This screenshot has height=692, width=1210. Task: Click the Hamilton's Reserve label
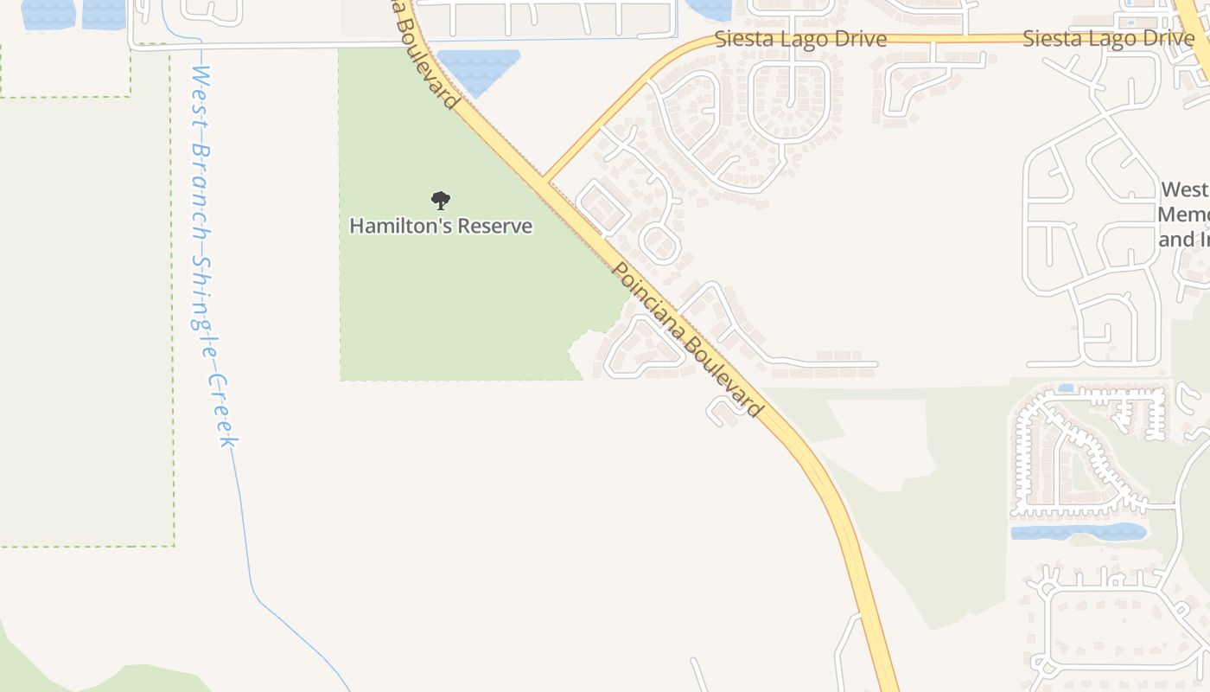441,227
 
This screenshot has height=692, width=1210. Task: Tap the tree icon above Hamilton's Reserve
441,201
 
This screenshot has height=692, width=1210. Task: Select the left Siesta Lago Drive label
800,40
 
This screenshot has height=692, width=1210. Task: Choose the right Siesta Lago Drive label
1108,39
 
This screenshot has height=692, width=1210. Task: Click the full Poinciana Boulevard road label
687,339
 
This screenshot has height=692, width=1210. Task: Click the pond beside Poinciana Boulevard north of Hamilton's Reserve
478,69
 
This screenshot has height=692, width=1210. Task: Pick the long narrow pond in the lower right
1078,531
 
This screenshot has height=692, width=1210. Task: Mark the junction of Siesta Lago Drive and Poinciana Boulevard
545,179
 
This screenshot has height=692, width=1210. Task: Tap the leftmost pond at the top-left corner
48,12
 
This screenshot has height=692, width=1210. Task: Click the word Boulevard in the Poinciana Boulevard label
723,376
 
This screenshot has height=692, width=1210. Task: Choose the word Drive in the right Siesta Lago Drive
1162,39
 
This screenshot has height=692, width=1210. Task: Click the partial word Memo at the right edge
1183,215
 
